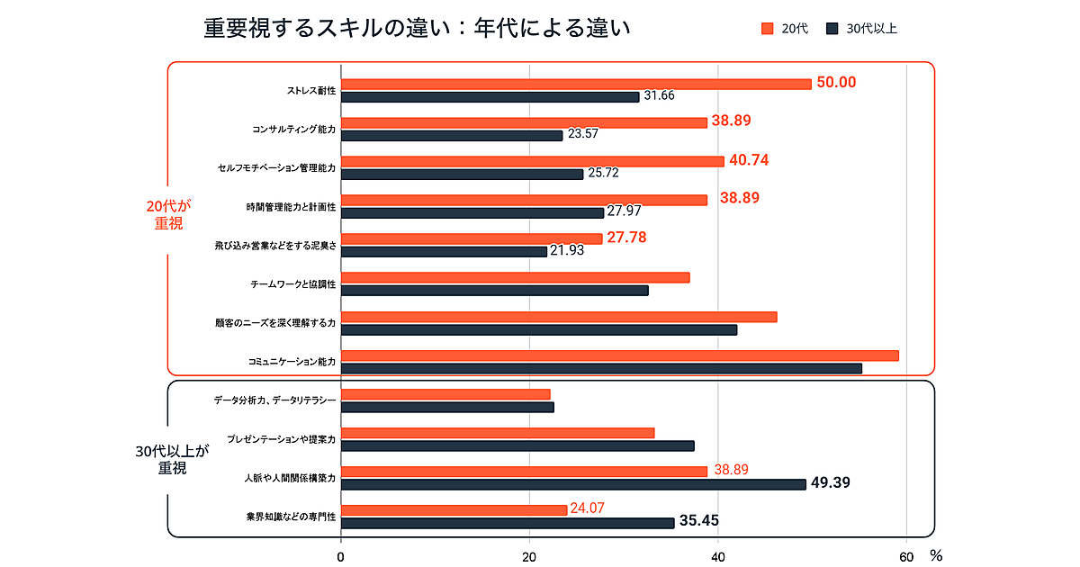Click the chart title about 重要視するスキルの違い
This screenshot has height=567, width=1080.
coord(416,29)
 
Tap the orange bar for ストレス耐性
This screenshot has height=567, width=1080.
coord(576,84)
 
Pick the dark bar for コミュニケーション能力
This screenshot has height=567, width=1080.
coord(601,368)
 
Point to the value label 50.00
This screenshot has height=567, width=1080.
coord(836,83)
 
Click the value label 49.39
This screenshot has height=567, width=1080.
coord(831,483)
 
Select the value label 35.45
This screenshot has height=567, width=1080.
coord(699,521)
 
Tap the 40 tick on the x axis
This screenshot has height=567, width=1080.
coord(718,557)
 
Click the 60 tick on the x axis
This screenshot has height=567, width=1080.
coord(906,557)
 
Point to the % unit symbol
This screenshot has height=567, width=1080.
coord(936,557)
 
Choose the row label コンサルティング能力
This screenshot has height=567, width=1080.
coord(294,130)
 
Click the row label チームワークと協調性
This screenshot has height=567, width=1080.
coord(292,284)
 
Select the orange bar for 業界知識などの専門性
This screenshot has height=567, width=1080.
coord(454,509)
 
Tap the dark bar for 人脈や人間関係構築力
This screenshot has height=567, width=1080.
coord(573,484)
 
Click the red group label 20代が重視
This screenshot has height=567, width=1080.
coord(168,215)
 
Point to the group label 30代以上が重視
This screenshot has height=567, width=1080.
coord(172,459)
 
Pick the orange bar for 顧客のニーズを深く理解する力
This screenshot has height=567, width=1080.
coord(559,317)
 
